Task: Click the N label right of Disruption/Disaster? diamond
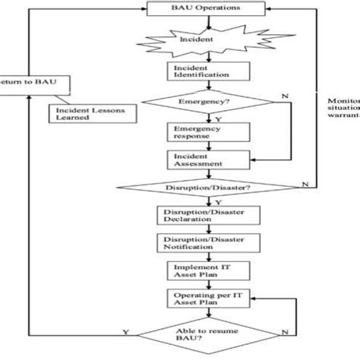tap(305, 183)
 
